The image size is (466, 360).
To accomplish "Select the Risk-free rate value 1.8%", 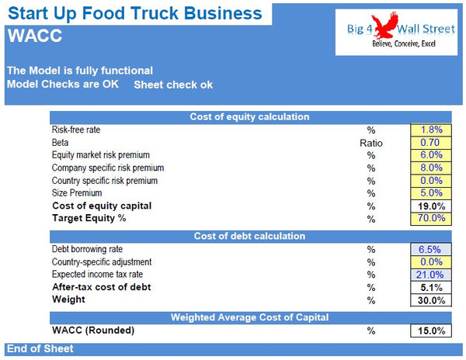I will pyautogui.click(x=431, y=130).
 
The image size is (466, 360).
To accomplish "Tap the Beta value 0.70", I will pyautogui.click(x=431, y=143).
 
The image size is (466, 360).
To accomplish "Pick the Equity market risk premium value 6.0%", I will pyautogui.click(x=431, y=155).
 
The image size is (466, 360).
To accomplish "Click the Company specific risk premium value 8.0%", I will pyautogui.click(x=431, y=168).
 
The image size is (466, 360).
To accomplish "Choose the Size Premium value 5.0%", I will pyautogui.click(x=431, y=193).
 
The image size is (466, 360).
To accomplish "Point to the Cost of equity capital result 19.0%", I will pyautogui.click(x=431, y=206).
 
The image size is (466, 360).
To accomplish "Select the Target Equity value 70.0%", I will pyautogui.click(x=431, y=219).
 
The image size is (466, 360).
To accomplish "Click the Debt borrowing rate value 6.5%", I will pyautogui.click(x=431, y=250).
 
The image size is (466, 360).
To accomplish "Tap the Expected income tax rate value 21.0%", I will pyautogui.click(x=431, y=275).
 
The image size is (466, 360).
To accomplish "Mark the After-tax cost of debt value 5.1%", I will pyautogui.click(x=431, y=288).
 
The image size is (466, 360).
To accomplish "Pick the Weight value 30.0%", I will pyautogui.click(x=431, y=300).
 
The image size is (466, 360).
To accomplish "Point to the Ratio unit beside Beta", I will pyautogui.click(x=371, y=143).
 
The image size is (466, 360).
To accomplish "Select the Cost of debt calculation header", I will pyautogui.click(x=249, y=236).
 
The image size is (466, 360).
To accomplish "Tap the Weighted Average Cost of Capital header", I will pyautogui.click(x=249, y=317).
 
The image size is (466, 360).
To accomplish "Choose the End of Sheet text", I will pyautogui.click(x=40, y=349).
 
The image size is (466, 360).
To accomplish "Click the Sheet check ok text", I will pyautogui.click(x=173, y=85).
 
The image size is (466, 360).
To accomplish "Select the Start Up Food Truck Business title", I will pyautogui.click(x=135, y=13).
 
